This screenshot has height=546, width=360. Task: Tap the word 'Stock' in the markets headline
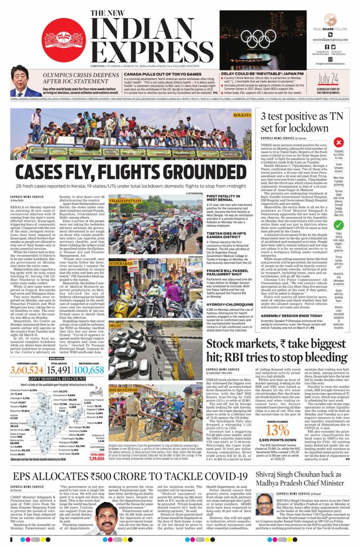click(226, 345)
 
